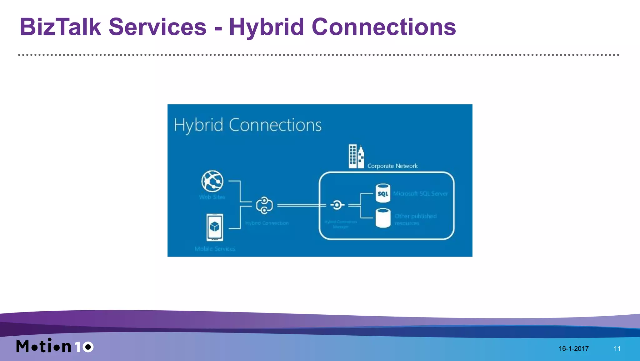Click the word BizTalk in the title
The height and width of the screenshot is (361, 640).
tap(60, 27)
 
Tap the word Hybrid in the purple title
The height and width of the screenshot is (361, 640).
tap(266, 27)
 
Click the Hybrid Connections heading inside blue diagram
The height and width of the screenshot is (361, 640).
tap(247, 125)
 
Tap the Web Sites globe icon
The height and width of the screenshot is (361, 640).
tap(212, 181)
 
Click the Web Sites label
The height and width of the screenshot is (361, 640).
tap(212, 197)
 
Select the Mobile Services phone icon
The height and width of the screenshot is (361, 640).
tap(215, 227)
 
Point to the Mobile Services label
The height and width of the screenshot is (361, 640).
tap(215, 249)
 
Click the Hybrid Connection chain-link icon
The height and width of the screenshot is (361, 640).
tap(264, 205)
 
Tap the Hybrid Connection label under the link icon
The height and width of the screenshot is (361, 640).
tap(267, 223)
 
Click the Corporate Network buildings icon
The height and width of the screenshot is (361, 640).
tap(356, 156)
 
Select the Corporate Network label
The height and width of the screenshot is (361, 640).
tap(392, 166)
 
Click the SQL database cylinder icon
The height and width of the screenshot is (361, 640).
tap(383, 193)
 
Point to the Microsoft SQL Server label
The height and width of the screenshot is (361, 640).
tap(420, 194)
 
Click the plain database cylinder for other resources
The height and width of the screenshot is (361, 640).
tap(383, 218)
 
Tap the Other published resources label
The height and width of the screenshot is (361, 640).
tap(415, 219)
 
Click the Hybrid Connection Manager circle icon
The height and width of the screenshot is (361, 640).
tap(337, 205)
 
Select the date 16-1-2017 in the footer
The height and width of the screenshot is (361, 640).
tap(573, 348)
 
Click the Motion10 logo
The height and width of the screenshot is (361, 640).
tap(55, 346)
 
